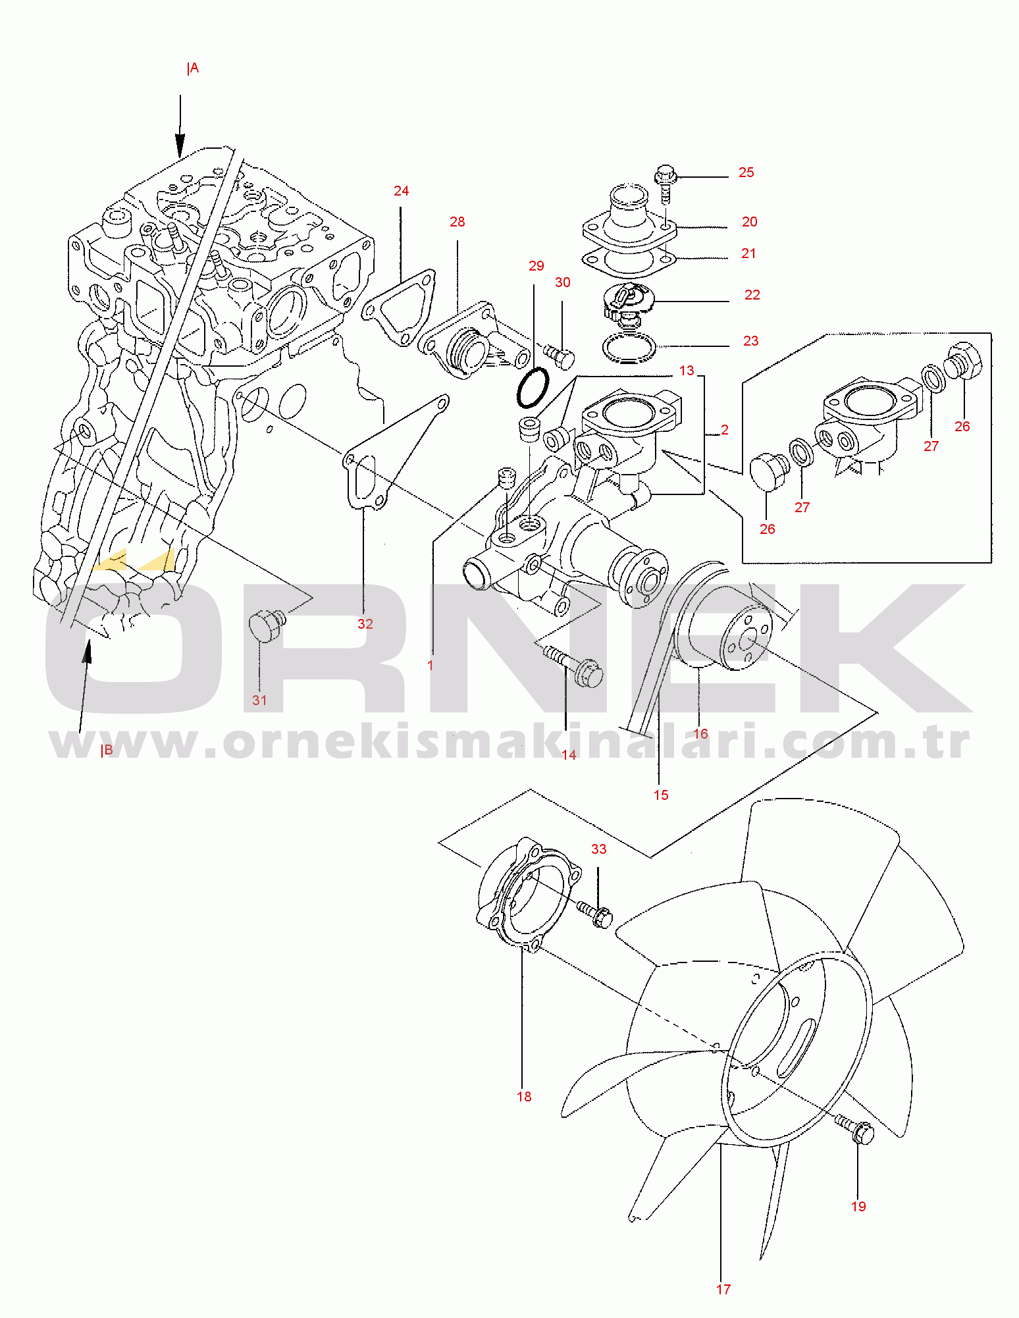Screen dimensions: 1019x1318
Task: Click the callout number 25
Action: [x=746, y=172]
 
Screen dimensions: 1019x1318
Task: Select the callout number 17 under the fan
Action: [x=723, y=1290]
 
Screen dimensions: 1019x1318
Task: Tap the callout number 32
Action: [x=365, y=624]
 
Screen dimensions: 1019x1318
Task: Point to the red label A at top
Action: [x=193, y=68]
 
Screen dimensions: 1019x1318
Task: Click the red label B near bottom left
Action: [x=107, y=751]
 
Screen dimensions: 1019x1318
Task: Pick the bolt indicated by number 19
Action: [x=856, y=1131]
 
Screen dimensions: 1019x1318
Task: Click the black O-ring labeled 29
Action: [x=533, y=388]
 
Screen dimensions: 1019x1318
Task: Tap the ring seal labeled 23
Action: [x=629, y=348]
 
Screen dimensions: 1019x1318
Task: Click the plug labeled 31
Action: [x=266, y=626]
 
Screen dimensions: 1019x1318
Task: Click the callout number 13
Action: [x=687, y=371]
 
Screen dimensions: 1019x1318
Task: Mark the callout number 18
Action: [x=524, y=1097]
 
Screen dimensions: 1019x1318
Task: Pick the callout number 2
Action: [x=725, y=430]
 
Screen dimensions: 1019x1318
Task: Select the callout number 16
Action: [x=700, y=734]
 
